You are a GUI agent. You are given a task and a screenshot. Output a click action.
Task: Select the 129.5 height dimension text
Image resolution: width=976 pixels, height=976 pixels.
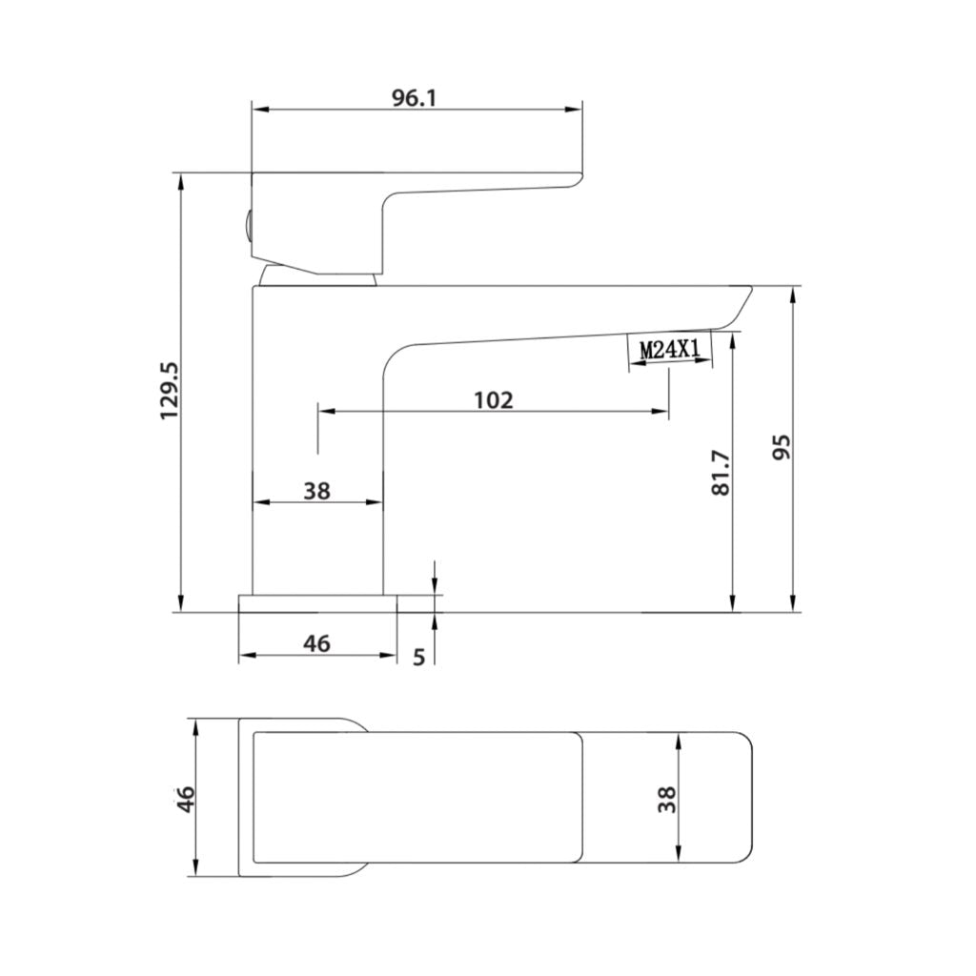tap(169, 391)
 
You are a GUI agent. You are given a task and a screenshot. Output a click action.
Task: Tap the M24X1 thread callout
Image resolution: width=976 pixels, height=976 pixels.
tap(670, 350)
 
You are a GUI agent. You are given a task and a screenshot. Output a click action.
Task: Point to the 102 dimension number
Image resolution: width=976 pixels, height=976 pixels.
tap(493, 399)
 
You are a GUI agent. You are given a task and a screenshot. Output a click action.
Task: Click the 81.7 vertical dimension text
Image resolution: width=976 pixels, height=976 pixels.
tap(721, 473)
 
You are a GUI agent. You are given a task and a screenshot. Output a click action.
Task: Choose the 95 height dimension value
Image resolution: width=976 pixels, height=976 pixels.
tap(781, 448)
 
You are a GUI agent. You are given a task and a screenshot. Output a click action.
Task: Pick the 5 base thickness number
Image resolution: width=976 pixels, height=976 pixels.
tap(419, 658)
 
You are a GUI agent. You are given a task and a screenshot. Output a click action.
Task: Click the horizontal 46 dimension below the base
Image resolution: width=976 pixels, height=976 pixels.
tap(316, 644)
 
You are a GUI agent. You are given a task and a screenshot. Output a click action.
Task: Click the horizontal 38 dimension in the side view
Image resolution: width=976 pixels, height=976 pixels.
tap(316, 491)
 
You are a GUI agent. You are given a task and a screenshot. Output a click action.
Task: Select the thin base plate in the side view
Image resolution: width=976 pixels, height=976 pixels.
tap(316, 602)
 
